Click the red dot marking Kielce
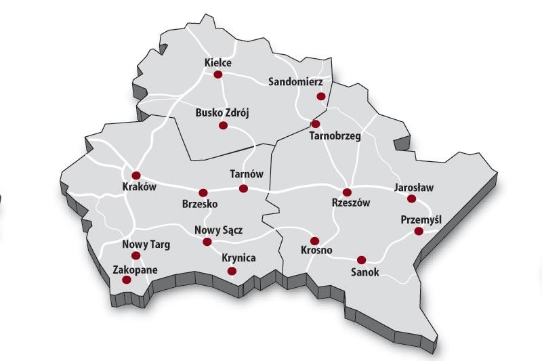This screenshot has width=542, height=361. [x=218, y=75]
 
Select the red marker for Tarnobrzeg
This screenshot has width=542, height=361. [x=315, y=124]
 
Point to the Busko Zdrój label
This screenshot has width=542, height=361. [x=222, y=112]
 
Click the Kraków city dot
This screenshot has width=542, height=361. [x=135, y=175]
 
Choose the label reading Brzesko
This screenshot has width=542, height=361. [x=200, y=203]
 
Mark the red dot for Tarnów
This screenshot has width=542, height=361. [x=244, y=188]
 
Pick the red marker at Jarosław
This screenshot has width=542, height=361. [x=411, y=198]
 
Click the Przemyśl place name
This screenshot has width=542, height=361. [x=421, y=219]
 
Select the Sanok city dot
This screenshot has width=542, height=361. [x=361, y=259]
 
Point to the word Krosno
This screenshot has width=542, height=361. [x=316, y=251]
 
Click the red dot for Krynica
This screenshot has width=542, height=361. [x=232, y=271]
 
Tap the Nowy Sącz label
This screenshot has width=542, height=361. [x=218, y=230]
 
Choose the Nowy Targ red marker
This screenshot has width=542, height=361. [x=135, y=255]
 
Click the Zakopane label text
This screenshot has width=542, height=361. [x=135, y=270]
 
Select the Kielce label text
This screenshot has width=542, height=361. [x=218, y=63]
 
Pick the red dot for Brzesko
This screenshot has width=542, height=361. [x=202, y=192]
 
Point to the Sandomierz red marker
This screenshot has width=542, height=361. [x=321, y=96]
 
